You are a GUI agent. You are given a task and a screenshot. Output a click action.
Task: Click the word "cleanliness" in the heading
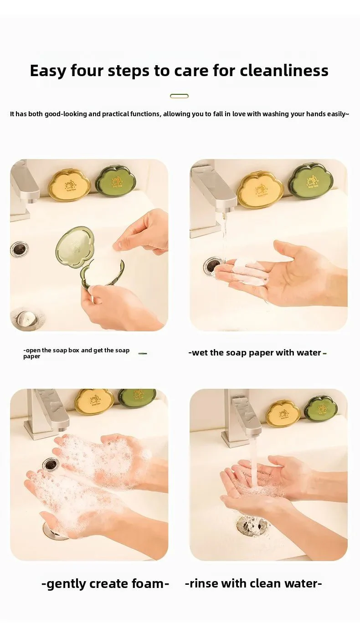click(284, 71)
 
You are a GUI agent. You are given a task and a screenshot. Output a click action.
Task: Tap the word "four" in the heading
click(87, 71)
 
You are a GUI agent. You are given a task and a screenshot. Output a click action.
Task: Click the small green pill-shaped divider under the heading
click(179, 96)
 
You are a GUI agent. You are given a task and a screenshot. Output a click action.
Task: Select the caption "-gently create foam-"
click(105, 584)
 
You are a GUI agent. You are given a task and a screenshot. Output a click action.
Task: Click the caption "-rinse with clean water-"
click(253, 583)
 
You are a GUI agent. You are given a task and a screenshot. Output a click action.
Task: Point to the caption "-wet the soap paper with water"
click(257, 352)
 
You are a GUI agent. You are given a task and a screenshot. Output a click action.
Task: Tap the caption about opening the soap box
click(77, 353)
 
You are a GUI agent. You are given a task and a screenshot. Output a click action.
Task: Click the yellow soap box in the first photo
click(69, 185)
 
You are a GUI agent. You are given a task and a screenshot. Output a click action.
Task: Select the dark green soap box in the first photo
click(116, 180)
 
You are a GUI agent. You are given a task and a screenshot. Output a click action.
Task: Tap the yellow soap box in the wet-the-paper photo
click(260, 189)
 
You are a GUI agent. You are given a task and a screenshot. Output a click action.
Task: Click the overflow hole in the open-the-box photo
click(20, 249)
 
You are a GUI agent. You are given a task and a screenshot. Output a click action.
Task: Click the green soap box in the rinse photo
click(321, 408)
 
